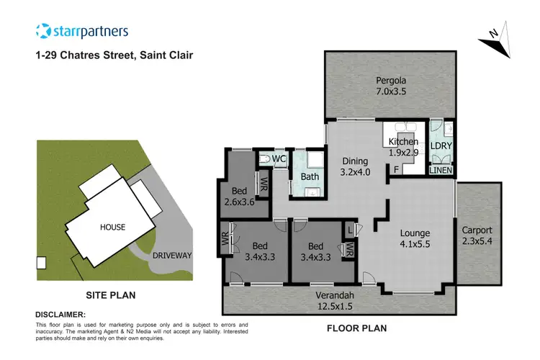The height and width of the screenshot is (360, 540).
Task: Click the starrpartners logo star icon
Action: pos(44,31)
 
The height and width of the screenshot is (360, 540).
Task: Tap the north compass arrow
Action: pos(495,40)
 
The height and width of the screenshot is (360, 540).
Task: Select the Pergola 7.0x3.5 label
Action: pos(390,86)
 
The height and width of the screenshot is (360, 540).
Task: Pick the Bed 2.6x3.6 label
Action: pos(240,197)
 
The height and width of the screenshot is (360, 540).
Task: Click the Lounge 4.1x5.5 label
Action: pos(415,239)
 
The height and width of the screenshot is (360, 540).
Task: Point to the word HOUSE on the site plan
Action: pos(112,227)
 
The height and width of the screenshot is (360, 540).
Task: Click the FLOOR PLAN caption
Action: pos(356,328)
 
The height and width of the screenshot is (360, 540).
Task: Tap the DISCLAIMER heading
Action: pos(60,315)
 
